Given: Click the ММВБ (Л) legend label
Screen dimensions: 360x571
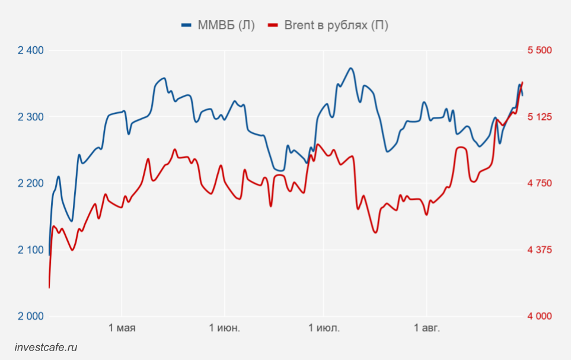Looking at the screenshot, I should tap(226, 25).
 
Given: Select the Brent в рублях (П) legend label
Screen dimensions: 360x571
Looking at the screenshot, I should tap(336, 25).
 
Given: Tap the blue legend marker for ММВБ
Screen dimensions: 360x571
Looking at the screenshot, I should tap(186, 25).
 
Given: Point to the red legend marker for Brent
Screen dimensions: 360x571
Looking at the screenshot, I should tap(273, 25).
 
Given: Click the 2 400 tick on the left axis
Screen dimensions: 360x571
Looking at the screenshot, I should tap(31, 50).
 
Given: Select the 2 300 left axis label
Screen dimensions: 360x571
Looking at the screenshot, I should tap(31, 117).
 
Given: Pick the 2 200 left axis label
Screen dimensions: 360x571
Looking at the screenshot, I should tap(31, 183).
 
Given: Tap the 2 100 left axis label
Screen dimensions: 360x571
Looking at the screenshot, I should tap(31, 250).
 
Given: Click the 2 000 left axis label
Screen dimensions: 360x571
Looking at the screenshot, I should tap(31, 316).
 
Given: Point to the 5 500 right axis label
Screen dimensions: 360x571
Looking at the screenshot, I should tap(540, 50).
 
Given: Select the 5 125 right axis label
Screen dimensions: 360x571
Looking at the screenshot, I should tap(540, 117).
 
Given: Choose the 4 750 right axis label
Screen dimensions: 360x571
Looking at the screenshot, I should tap(540, 183).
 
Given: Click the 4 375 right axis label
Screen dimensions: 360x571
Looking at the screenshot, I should tap(540, 250).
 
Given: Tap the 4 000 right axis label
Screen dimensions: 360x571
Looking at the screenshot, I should tap(540, 316).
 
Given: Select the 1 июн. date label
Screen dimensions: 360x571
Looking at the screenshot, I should tap(225, 328).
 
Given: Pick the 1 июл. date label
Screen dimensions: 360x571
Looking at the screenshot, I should tap(324, 328).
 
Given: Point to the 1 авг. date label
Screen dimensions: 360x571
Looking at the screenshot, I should tap(427, 328).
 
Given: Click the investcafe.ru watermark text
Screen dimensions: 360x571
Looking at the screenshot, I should tap(46, 348).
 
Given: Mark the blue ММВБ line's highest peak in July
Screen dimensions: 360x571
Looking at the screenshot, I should tap(350, 68).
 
